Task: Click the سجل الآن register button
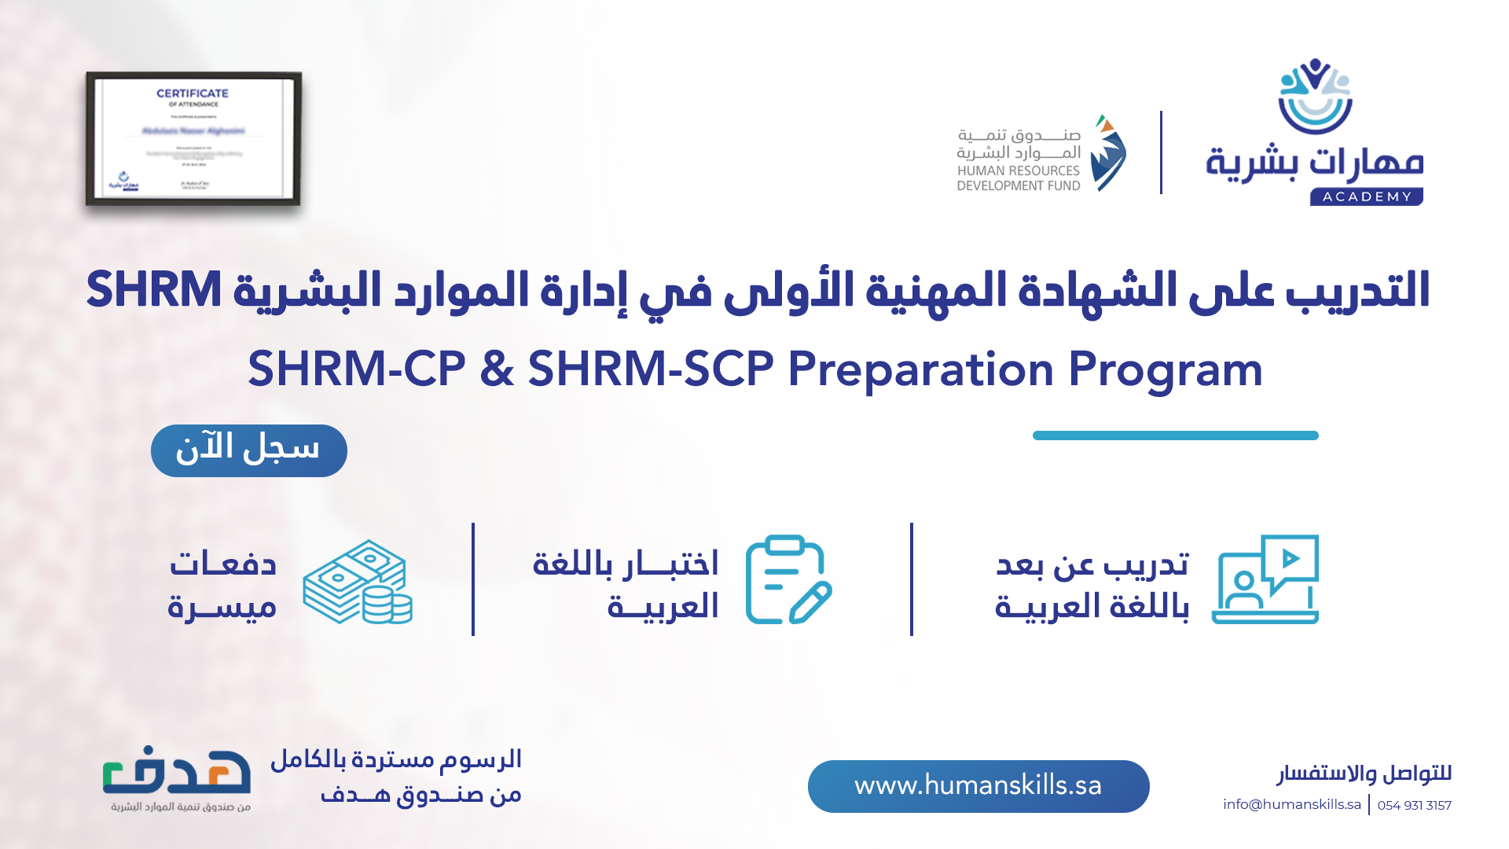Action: point(248,450)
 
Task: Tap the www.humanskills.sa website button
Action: point(978,785)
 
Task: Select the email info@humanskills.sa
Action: point(1291,804)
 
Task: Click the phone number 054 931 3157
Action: point(1414,805)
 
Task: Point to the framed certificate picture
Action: point(193,139)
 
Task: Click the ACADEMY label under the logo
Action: point(1366,197)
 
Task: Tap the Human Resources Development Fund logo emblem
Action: point(1108,153)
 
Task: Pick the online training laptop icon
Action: point(1265,579)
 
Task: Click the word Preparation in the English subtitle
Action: point(920,369)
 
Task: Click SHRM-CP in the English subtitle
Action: point(357,369)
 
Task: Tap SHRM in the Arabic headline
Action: point(154,289)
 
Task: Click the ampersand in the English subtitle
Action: point(497,369)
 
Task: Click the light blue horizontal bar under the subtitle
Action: point(1175,436)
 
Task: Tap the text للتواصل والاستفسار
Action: point(1364,774)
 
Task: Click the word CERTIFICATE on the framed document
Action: point(193,93)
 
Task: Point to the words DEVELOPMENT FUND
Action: point(1018,186)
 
